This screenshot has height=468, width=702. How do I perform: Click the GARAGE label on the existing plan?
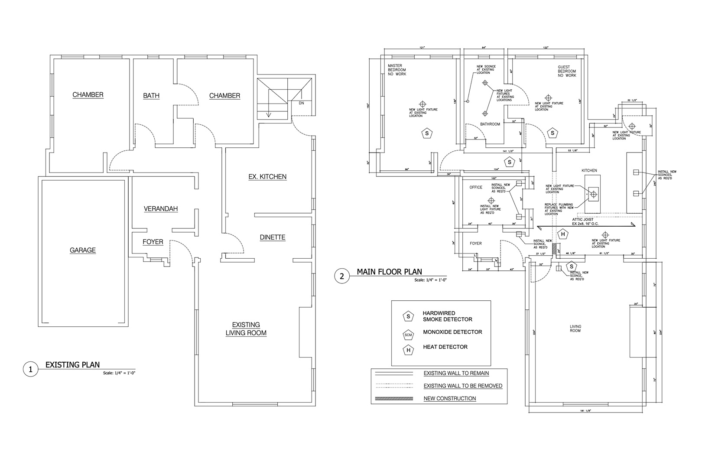point(83,250)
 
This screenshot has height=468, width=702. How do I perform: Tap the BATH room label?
point(151,95)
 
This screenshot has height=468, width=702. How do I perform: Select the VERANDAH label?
point(161,209)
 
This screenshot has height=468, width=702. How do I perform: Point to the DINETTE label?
point(273,237)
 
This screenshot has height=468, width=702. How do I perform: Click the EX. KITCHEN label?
point(267,176)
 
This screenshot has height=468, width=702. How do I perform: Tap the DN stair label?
point(301,103)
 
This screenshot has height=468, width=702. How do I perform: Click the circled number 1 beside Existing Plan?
point(30,370)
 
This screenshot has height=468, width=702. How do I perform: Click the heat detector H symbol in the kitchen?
point(563,235)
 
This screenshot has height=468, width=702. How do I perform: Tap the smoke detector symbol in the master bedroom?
point(427,133)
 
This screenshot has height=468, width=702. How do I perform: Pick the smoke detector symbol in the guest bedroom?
point(552,133)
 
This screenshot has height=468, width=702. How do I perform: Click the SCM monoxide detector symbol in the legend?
point(408,335)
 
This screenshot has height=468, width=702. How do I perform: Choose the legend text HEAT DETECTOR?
point(445,347)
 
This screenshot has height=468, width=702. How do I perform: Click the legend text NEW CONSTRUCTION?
point(449,398)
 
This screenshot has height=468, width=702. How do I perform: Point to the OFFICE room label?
point(476,188)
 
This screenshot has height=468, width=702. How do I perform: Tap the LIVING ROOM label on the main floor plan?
point(575,328)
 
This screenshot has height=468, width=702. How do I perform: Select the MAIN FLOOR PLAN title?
point(389,272)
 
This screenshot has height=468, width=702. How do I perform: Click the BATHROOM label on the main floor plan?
point(490,124)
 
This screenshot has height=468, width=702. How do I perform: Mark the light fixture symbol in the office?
point(491,200)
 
